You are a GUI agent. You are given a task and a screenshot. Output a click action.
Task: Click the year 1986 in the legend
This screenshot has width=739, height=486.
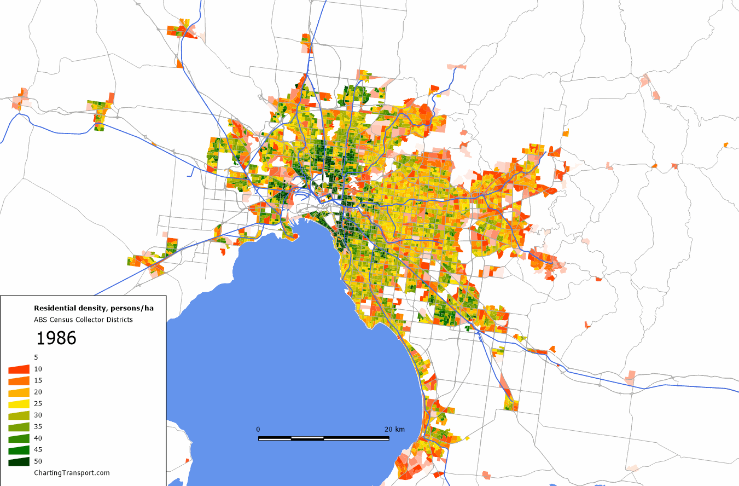tap(56, 338)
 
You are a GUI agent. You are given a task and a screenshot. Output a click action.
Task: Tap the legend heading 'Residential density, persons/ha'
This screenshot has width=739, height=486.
tap(94, 308)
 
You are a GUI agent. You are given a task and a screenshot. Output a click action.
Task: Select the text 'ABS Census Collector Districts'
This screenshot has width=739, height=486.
tap(83, 320)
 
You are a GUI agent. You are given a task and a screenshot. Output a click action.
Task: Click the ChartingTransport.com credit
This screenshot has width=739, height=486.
tap(72, 473)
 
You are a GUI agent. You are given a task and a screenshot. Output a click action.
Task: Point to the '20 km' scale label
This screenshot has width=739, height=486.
tap(394, 429)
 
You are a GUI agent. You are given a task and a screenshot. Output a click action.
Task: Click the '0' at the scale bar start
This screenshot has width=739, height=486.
tap(258, 429)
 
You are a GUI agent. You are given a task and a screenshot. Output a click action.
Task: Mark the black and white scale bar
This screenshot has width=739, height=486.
tap(324, 438)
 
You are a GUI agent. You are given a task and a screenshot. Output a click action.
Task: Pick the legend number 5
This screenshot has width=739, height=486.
tap(36, 357)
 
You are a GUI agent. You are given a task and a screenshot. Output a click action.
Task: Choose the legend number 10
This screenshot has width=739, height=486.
tap(38, 369)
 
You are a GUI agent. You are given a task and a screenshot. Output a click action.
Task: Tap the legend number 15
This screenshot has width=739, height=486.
tap(38, 380)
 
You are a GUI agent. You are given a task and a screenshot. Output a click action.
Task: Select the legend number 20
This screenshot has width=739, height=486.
tap(38, 392)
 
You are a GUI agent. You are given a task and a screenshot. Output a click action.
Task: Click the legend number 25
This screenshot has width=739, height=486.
tap(38, 403)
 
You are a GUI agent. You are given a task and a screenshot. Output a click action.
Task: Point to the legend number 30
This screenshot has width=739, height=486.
tap(38, 415)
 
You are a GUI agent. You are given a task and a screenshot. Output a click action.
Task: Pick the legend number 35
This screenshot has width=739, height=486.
tap(38, 426)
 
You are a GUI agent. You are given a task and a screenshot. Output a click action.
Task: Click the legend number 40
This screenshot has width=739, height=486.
tap(38, 438)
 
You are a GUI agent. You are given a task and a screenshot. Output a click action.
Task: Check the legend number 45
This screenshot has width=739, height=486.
tap(38, 449)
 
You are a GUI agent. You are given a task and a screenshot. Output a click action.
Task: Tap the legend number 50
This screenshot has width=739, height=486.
tap(38, 461)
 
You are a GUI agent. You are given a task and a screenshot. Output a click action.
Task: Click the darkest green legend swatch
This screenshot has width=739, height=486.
tap(19, 461)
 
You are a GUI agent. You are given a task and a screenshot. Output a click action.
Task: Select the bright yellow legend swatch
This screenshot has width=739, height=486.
tap(19, 404)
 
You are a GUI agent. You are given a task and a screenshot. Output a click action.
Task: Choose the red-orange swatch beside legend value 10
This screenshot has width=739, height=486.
tap(19, 369)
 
